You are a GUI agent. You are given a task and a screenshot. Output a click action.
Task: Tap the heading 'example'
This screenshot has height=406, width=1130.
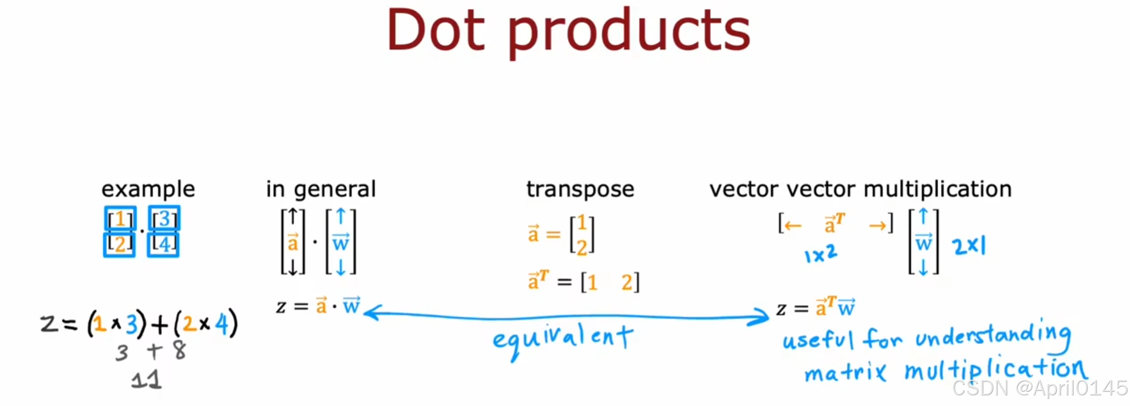[148, 190]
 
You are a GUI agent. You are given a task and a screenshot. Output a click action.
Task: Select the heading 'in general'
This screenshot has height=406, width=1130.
[321, 190]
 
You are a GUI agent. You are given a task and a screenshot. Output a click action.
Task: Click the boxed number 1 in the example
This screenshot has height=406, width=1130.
[120, 219]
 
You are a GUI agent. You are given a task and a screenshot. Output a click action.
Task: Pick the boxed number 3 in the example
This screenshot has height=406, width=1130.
[164, 219]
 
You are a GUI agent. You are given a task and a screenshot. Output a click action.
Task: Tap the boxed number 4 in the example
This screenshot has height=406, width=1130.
[163, 244]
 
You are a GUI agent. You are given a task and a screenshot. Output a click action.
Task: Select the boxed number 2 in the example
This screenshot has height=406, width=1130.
[119, 244]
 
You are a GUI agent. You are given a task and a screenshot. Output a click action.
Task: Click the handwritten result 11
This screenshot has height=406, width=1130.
[146, 380]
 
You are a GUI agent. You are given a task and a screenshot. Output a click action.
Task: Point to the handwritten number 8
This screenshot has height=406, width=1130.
[180, 350]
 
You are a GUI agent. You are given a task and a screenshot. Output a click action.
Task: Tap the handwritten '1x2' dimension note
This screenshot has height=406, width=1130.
[821, 254]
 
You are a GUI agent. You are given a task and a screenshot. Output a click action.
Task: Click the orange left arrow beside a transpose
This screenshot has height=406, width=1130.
[793, 226]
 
